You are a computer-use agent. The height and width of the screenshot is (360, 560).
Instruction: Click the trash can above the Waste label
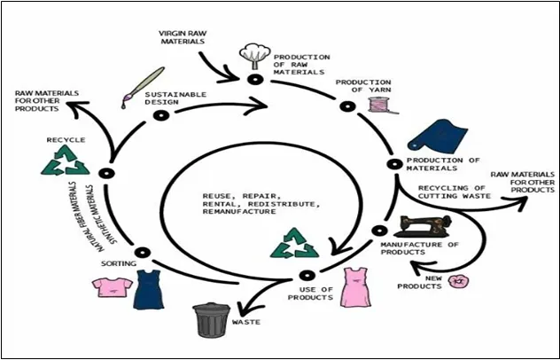click(212, 320)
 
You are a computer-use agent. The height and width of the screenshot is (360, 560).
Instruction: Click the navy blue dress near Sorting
click(149, 287)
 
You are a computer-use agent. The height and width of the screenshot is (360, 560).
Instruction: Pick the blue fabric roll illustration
click(437, 135)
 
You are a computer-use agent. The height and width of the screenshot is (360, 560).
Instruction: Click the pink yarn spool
click(378, 104)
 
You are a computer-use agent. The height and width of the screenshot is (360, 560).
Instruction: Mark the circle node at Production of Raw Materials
click(253, 80)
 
